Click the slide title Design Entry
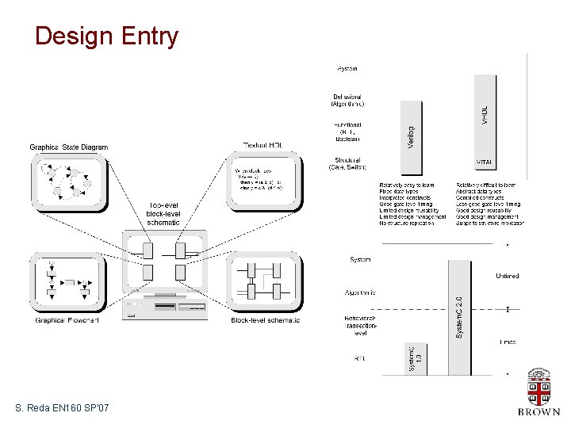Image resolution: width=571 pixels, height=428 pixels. [x=107, y=36]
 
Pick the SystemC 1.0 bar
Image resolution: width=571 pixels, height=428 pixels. [x=414, y=357]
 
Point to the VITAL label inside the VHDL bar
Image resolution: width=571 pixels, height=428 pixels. [x=484, y=162]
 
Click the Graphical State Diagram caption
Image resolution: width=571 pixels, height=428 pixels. [x=69, y=147]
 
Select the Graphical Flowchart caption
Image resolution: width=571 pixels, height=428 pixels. [x=67, y=320]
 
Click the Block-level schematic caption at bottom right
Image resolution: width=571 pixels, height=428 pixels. [x=266, y=320]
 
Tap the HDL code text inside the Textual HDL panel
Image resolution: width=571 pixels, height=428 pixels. [x=263, y=182]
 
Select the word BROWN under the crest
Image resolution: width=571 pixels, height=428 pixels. [x=538, y=412]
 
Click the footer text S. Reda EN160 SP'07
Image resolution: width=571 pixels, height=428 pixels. [x=62, y=408]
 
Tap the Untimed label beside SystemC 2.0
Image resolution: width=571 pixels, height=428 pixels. [x=508, y=276]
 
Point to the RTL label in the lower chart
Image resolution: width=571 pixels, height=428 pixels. [x=359, y=358]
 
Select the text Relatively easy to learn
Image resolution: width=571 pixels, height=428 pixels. [x=407, y=185]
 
